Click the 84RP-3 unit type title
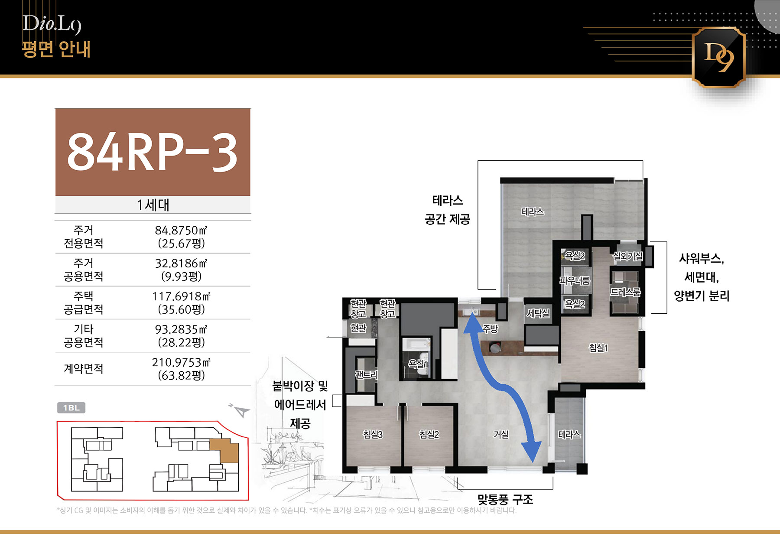(x=153, y=152)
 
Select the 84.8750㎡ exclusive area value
(x=181, y=230)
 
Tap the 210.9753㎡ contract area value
(x=181, y=362)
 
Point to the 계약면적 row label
(x=84, y=368)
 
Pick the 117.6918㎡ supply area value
(x=181, y=296)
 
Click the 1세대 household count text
(x=153, y=205)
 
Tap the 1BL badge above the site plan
(x=71, y=408)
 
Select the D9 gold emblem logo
(x=719, y=57)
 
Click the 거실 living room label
(x=501, y=434)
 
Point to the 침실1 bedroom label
(x=598, y=348)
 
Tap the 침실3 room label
(x=373, y=434)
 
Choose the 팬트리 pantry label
(x=367, y=374)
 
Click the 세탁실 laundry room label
(x=538, y=313)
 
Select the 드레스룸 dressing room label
(x=625, y=292)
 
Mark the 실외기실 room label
(x=627, y=257)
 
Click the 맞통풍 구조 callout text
(x=505, y=500)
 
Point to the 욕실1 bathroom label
(x=418, y=364)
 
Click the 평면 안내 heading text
(x=56, y=49)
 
